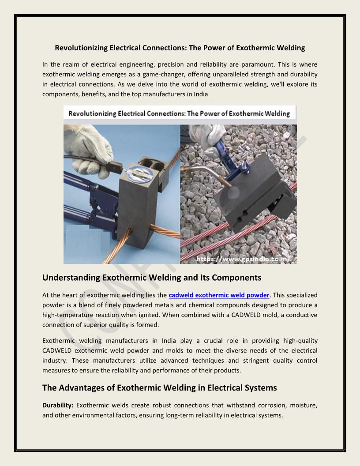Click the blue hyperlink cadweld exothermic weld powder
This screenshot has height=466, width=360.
coord(219,295)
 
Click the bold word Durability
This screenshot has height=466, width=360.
coord(58,405)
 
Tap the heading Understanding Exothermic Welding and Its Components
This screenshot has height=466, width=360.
coord(152,278)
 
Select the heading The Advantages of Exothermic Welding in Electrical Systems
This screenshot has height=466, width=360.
coord(159,388)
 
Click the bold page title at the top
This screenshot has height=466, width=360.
coord(180,48)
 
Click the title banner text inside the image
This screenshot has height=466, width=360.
coord(180,114)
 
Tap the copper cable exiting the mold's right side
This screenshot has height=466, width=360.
coord(165,230)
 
